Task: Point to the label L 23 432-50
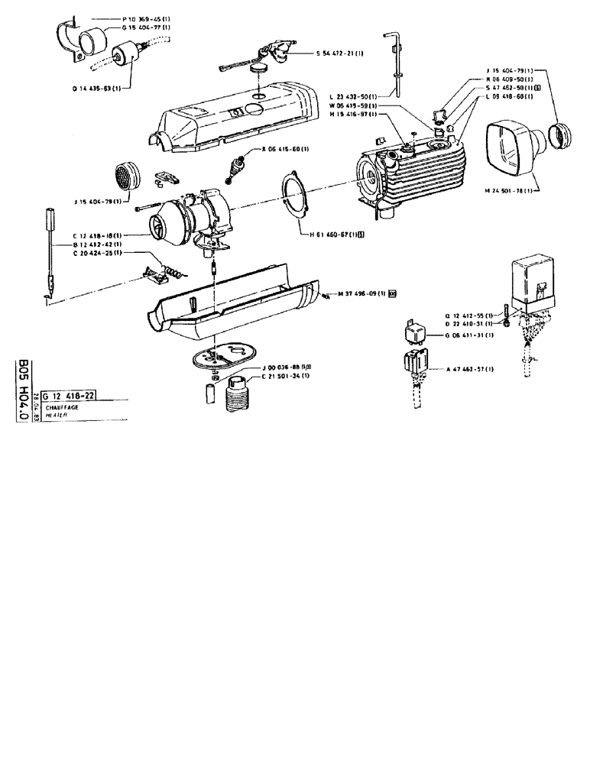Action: (x=351, y=96)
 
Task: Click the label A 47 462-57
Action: (x=470, y=369)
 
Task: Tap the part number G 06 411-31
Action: (x=468, y=335)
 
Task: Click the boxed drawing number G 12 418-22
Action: (x=73, y=395)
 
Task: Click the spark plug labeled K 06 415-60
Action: (x=239, y=167)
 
